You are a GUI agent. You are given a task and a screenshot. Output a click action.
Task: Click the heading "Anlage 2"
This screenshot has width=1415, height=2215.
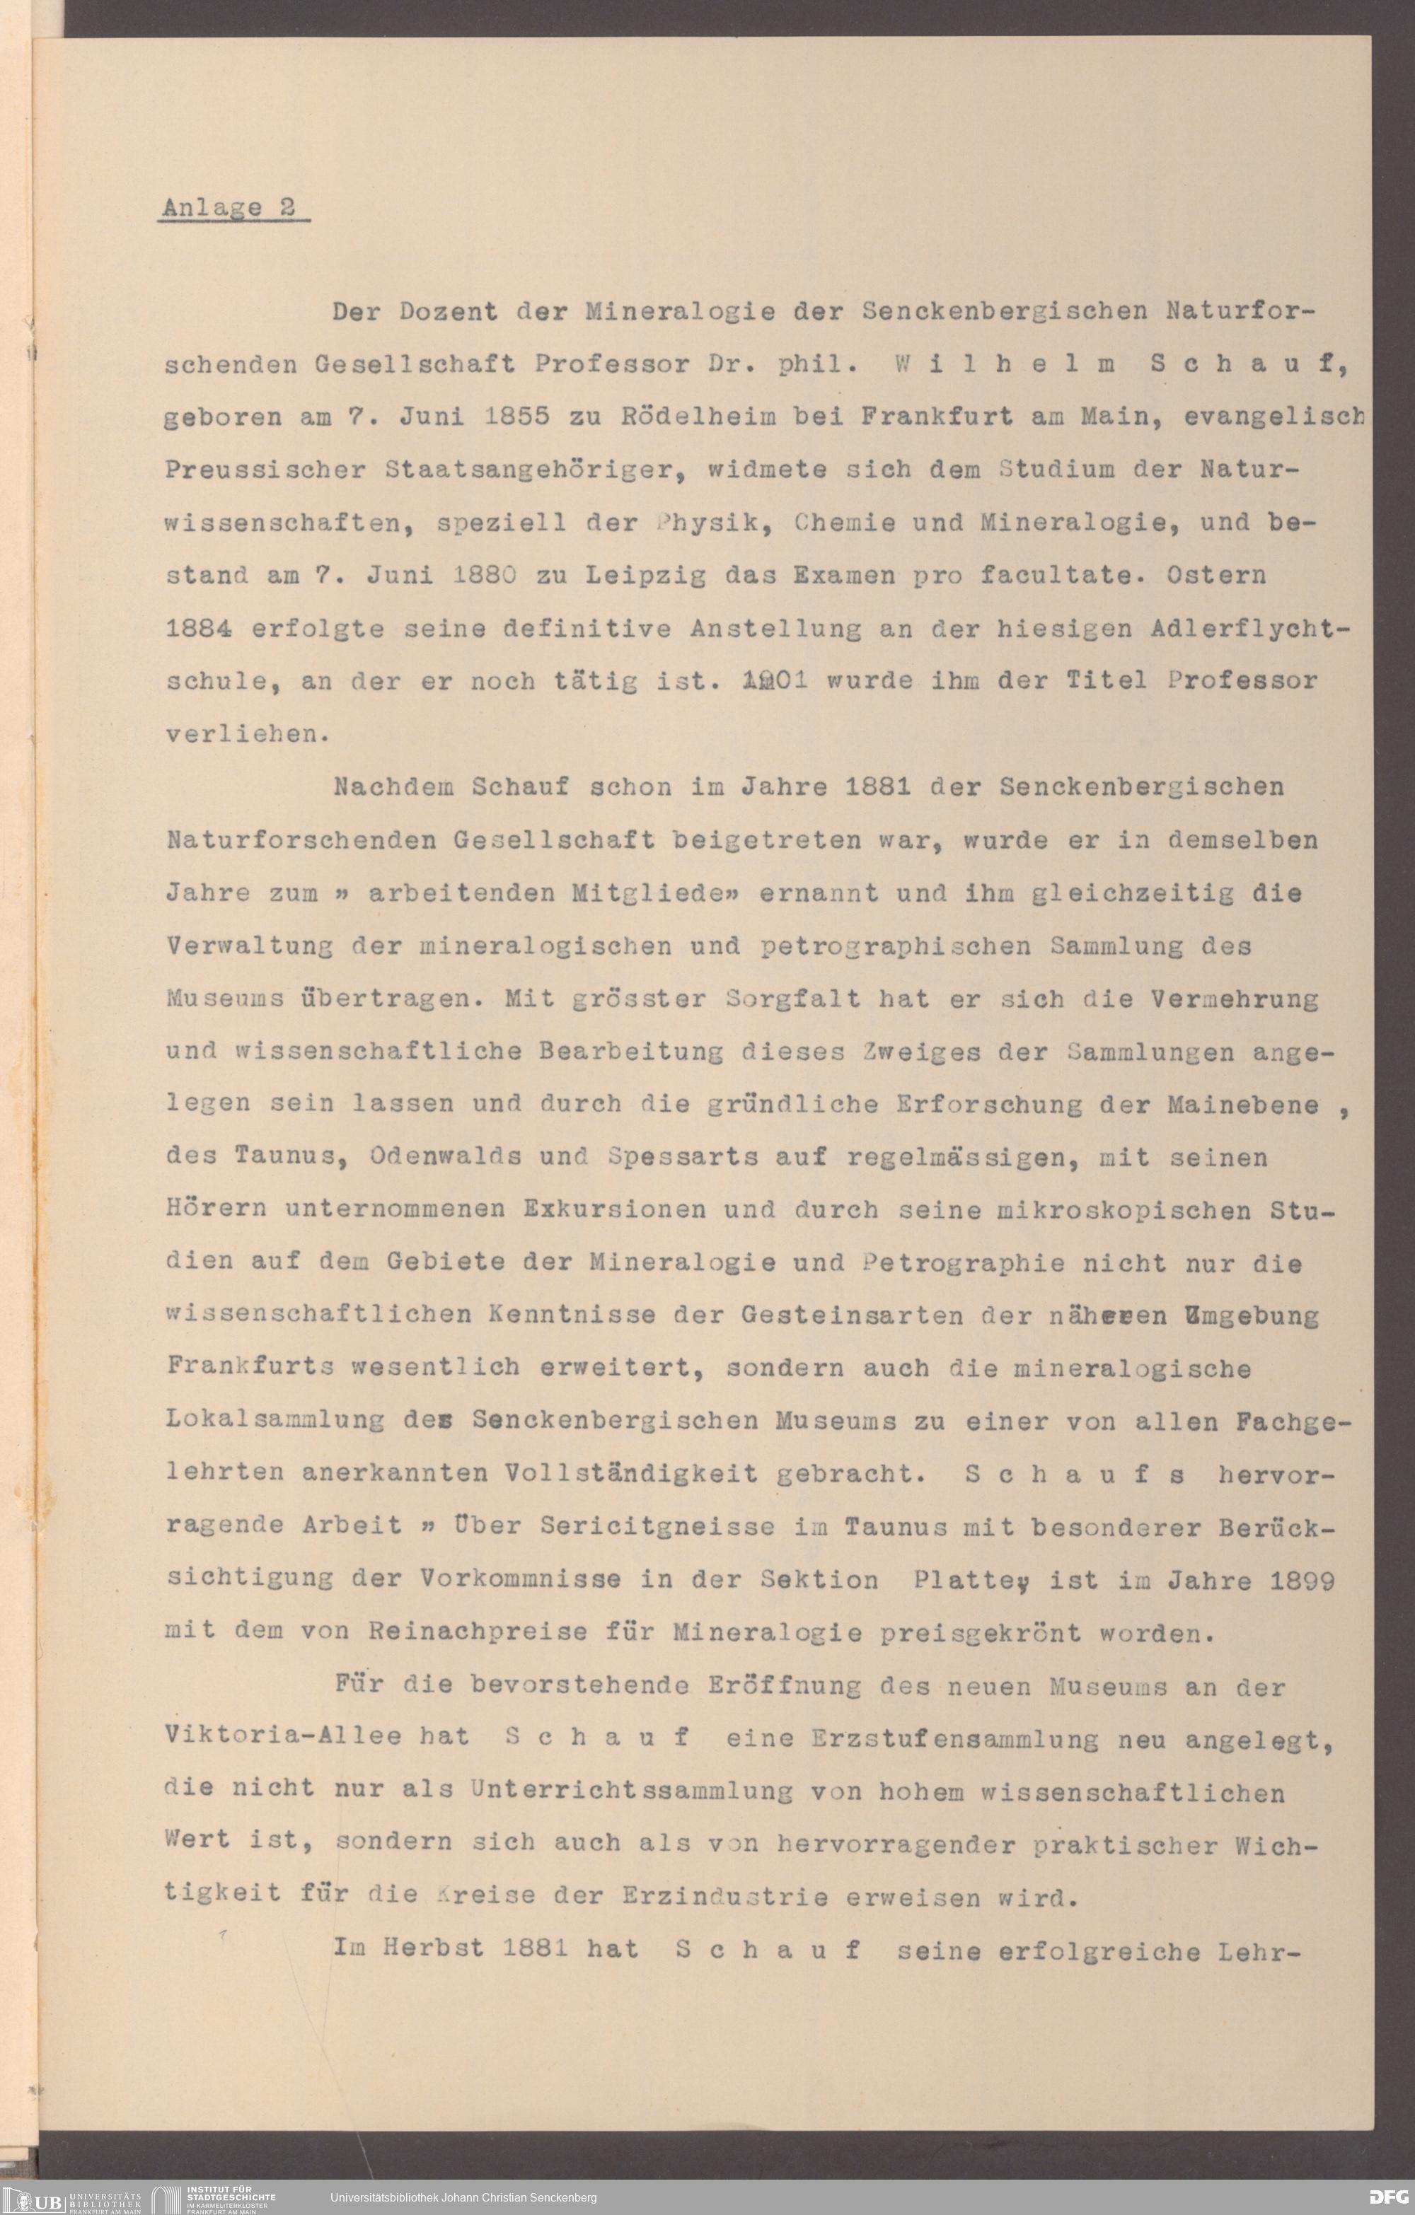click(229, 208)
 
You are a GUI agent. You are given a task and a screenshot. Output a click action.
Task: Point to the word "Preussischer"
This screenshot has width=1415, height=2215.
click(265, 470)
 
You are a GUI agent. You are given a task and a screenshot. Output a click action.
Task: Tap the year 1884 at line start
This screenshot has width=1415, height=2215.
click(199, 629)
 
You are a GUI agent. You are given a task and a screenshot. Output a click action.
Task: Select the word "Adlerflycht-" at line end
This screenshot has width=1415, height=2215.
click(1249, 629)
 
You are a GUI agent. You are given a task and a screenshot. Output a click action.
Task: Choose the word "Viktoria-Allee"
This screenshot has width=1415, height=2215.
click(284, 1738)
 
